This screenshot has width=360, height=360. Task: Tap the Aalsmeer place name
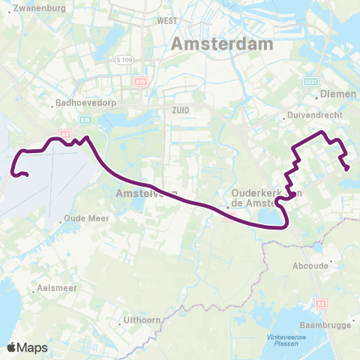click(55, 288)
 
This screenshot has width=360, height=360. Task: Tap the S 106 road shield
click(124, 58)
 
